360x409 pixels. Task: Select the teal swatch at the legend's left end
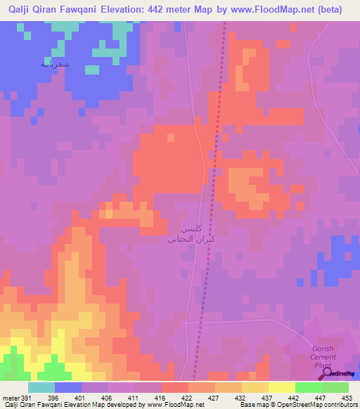coord(41,387)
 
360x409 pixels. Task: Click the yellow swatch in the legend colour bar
coord(281,387)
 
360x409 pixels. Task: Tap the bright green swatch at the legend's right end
coord(335,387)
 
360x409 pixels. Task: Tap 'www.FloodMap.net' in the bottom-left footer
coord(174,405)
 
